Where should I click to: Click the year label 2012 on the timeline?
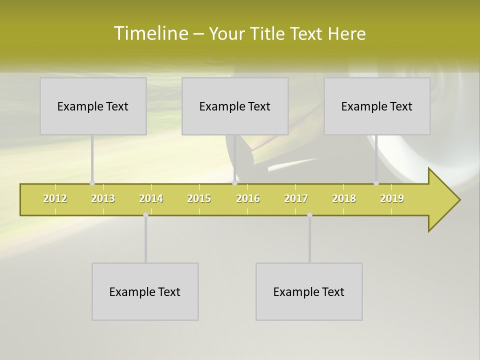tap(55, 198)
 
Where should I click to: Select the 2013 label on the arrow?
tap(103, 198)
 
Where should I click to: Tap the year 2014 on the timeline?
tap(151, 198)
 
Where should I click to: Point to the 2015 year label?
tap(199, 198)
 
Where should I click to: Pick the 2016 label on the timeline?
tap(248, 198)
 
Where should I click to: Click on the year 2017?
tap(296, 198)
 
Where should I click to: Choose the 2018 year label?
tap(344, 198)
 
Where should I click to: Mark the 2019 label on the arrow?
tap(392, 198)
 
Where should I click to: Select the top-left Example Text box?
tap(93, 106)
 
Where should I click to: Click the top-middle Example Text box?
tap(235, 106)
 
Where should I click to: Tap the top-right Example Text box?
tap(377, 106)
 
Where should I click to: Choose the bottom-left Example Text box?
tap(145, 291)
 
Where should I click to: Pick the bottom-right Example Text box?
tap(309, 291)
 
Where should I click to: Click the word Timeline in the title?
tap(150, 33)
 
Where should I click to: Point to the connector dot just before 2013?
tap(92, 183)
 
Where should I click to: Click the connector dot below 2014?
tap(145, 215)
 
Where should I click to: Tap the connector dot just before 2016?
tap(234, 183)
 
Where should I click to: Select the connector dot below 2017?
tap(309, 215)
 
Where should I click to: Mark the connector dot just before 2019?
tap(376, 183)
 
